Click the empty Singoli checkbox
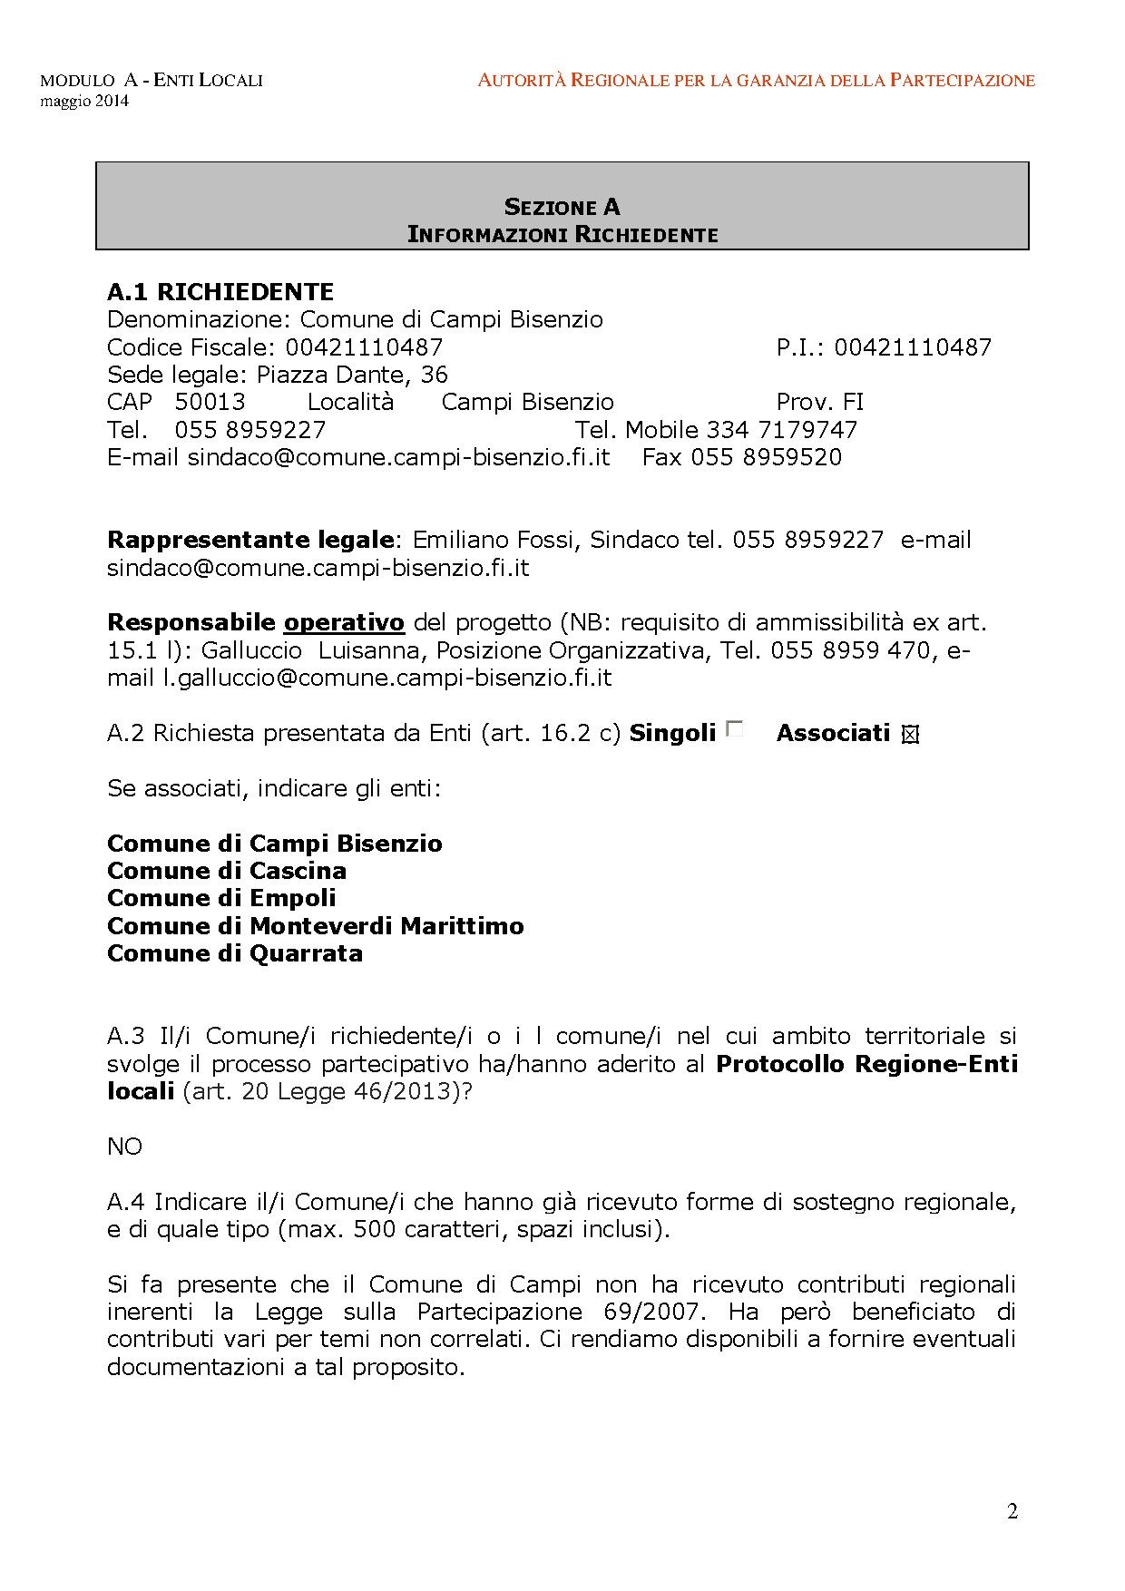[x=734, y=728]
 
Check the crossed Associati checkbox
[x=910, y=736]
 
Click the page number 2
[x=1012, y=1511]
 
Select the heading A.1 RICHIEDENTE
[x=220, y=292]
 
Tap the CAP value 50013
[x=210, y=402]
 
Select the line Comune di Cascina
[x=227, y=871]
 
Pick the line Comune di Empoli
[x=221, y=898]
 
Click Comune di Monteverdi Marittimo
[x=316, y=926]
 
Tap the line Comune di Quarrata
[x=235, y=953]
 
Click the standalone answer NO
[x=124, y=1147]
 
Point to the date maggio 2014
[x=84, y=101]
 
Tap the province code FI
[x=853, y=402]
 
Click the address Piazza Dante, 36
[x=352, y=375]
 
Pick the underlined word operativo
[x=344, y=622]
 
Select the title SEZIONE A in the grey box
[x=562, y=207]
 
